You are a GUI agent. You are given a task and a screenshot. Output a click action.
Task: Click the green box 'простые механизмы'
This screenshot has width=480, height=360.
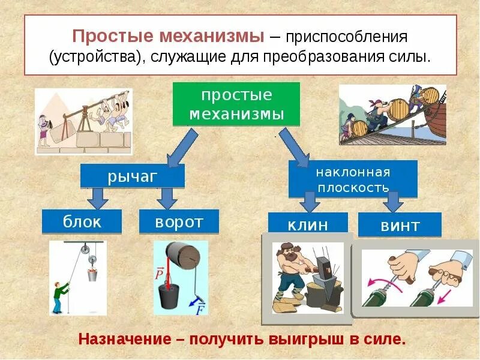tap(236, 104)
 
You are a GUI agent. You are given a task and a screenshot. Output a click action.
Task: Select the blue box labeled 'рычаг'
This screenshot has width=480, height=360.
tap(133, 176)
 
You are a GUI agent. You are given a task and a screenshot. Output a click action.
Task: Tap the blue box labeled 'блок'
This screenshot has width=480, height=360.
tap(82, 221)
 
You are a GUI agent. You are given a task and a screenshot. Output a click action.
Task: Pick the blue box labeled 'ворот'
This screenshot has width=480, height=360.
tap(179, 221)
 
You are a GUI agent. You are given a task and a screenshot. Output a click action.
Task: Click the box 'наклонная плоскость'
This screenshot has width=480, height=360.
tap(353, 179)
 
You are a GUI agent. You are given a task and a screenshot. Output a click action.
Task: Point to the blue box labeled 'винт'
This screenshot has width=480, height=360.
tap(399, 226)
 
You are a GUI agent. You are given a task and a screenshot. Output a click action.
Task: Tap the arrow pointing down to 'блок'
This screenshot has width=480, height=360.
tap(97, 197)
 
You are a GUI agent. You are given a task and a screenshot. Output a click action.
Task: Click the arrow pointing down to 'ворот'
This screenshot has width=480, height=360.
tap(166, 197)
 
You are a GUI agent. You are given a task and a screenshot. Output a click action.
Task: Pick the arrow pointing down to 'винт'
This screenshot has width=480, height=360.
tap(393, 202)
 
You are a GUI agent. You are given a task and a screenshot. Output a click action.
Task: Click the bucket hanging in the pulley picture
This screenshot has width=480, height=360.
tap(92, 274)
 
